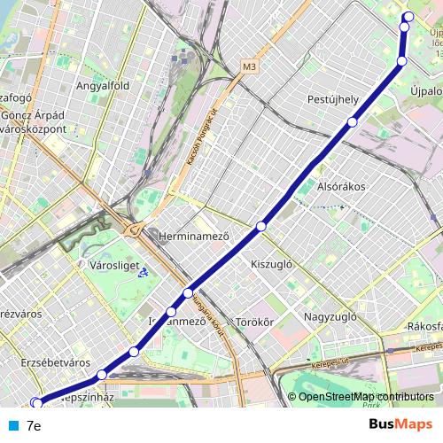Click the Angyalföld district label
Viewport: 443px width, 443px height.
pyautogui.click(x=104, y=86)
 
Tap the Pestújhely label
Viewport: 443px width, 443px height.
pyautogui.click(x=332, y=99)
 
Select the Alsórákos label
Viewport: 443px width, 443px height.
pyautogui.click(x=342, y=187)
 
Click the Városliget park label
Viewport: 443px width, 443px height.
pyautogui.click(x=112, y=264)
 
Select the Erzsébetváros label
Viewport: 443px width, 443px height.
pyautogui.click(x=56, y=362)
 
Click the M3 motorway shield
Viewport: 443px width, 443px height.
pyautogui.click(x=249, y=66)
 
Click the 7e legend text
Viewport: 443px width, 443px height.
pyautogui.click(x=34, y=425)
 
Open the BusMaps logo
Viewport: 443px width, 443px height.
pyautogui.click(x=400, y=424)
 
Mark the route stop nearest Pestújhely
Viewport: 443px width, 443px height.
pyautogui.click(x=353, y=122)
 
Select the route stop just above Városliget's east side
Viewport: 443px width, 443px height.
pyautogui.click(x=188, y=292)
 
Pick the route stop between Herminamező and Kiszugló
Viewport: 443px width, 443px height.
pyautogui.click(x=260, y=227)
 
